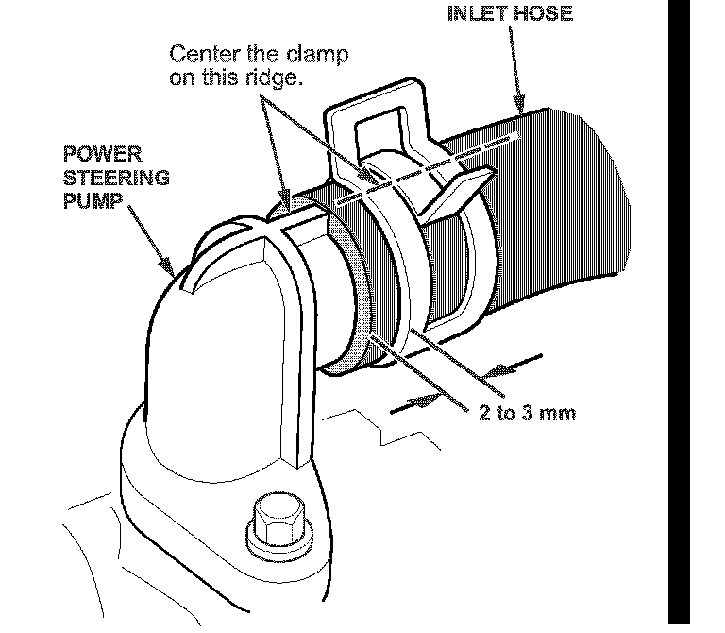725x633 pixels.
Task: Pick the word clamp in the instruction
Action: (x=318, y=55)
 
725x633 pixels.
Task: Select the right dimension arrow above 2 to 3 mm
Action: (x=491, y=369)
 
